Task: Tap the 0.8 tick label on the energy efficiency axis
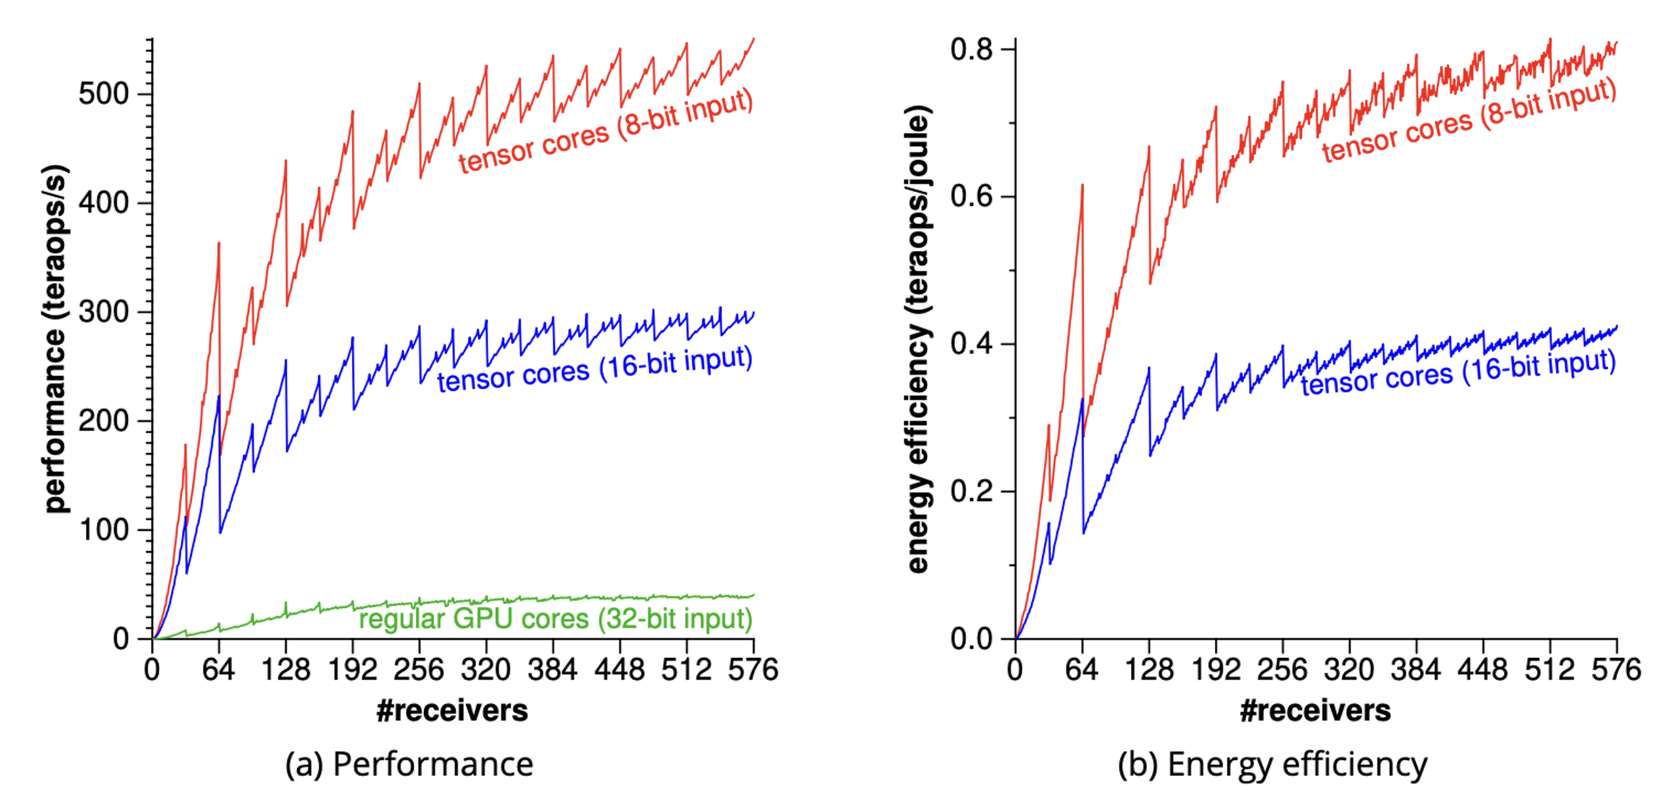click(971, 49)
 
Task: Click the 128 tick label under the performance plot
click(285, 670)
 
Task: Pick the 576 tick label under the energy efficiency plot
click(1616, 670)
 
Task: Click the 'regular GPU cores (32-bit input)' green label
click(555, 619)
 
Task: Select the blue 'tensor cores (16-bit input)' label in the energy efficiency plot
click(1457, 372)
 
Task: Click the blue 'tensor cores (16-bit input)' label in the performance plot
click(594, 368)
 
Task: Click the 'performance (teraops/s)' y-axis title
click(56, 338)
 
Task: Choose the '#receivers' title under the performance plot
click(452, 710)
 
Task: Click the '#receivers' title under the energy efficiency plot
click(1315, 710)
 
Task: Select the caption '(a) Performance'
click(409, 764)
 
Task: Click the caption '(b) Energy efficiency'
click(1272, 764)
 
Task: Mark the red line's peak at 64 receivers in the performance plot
click(219, 243)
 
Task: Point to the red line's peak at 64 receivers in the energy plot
click(1082, 185)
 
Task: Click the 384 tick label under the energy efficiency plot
click(1415, 670)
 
